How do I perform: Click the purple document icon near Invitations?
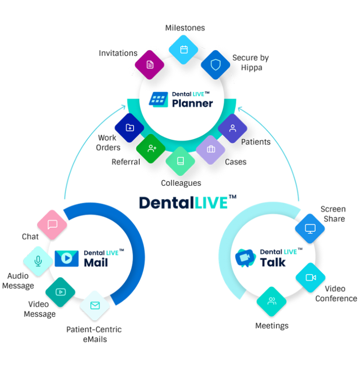tap(150, 65)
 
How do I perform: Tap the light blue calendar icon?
tap(184, 49)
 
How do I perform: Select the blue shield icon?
tap(215, 65)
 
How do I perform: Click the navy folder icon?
tap(130, 128)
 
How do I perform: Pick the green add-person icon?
tap(151, 148)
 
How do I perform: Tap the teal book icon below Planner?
tap(180, 161)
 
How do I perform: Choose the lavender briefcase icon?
tap(210, 149)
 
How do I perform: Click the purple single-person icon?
tap(233, 128)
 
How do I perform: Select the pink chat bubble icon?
tap(52, 224)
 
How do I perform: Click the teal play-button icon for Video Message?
tap(60, 292)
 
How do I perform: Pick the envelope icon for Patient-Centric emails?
tap(95, 305)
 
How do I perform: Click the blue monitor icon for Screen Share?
tap(310, 229)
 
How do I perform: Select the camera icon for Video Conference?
tap(311, 277)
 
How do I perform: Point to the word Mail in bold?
tap(96, 262)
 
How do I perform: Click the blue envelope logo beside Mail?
tap(66, 259)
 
